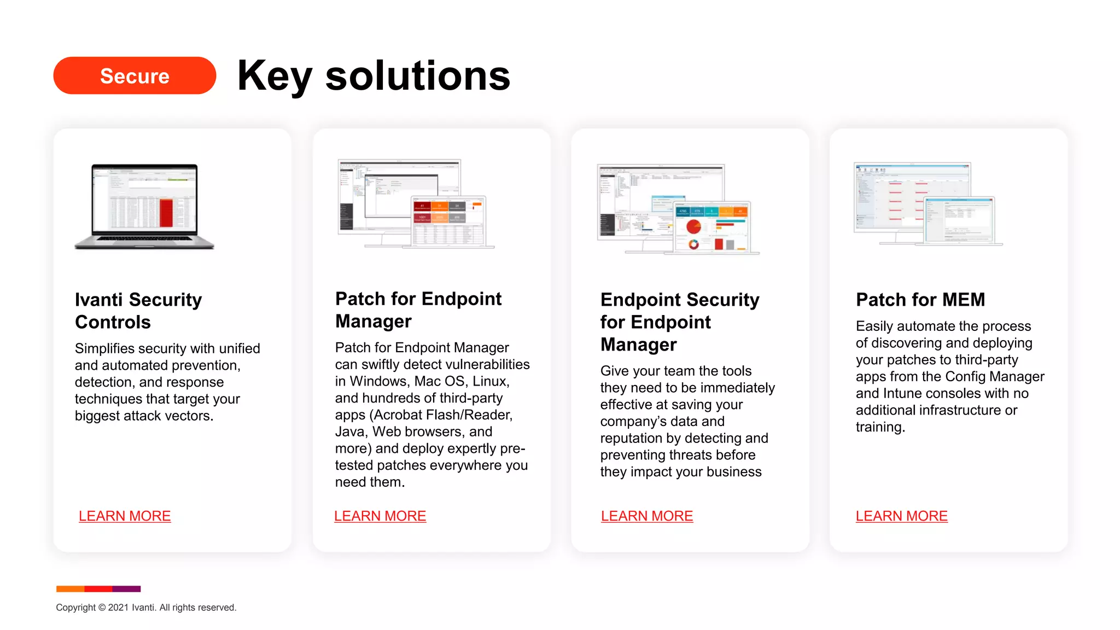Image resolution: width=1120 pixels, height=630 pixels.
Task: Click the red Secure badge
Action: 135,75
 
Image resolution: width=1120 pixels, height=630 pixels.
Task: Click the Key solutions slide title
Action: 374,75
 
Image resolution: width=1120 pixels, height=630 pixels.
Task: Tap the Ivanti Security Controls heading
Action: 138,311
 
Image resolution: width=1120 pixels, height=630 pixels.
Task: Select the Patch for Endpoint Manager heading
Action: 418,310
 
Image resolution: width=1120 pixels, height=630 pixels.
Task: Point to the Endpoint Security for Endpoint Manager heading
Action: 680,322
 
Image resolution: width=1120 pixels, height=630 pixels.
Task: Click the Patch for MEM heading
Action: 920,300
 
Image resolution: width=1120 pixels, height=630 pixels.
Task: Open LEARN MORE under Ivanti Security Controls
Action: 125,516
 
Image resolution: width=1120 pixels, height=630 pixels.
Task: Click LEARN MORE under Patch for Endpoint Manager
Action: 380,516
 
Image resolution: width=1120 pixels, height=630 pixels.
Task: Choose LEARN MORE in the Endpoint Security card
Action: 647,516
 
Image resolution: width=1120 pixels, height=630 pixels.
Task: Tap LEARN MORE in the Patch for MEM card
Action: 902,516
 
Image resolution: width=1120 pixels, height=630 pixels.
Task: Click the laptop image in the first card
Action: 144,207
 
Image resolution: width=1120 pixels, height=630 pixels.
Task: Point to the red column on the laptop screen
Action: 166,213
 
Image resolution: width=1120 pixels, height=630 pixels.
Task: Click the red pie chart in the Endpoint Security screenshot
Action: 693,226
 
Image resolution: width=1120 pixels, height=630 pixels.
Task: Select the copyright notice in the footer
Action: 146,608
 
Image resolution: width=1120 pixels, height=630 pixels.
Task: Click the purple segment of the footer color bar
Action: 126,589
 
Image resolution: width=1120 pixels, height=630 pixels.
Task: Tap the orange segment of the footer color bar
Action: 70,589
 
